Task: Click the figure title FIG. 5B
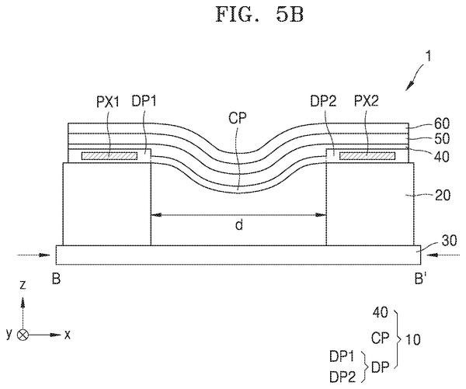click(259, 14)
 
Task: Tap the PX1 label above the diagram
click(108, 102)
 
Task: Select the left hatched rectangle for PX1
click(110, 156)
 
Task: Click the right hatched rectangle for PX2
click(367, 156)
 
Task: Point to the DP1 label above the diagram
click(144, 102)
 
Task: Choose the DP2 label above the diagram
click(323, 102)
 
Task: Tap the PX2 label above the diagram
click(366, 102)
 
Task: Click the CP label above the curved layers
click(238, 118)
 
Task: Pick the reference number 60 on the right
click(442, 123)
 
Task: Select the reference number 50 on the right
click(442, 139)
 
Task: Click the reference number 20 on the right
click(443, 195)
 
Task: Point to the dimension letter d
click(239, 225)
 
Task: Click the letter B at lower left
click(56, 279)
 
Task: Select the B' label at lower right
click(419, 279)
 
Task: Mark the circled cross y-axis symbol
click(23, 335)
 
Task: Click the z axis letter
click(23, 285)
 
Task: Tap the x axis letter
click(68, 335)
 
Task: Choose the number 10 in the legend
click(413, 339)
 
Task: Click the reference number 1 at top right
click(428, 56)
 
